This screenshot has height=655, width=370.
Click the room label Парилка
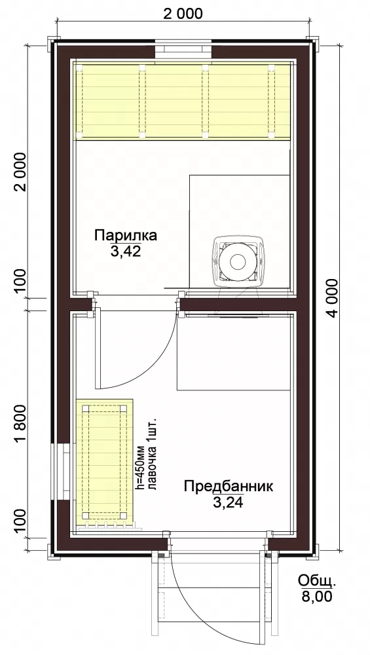(x=126, y=235)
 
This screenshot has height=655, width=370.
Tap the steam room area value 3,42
(x=126, y=251)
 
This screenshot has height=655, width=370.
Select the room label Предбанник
(x=229, y=487)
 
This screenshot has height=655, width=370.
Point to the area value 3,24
(x=228, y=502)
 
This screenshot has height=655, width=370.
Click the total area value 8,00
(x=317, y=596)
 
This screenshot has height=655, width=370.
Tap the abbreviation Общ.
(x=316, y=581)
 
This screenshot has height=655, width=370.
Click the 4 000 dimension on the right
(x=333, y=298)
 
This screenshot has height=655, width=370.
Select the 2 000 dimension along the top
(x=183, y=13)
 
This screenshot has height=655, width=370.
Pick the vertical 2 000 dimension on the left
(x=20, y=172)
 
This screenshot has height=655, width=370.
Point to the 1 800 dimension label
(x=20, y=424)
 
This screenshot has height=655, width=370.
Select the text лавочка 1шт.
(x=152, y=453)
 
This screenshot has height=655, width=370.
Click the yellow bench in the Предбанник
(x=104, y=462)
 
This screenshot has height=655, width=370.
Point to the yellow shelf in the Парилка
(x=183, y=100)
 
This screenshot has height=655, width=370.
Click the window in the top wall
(x=183, y=49)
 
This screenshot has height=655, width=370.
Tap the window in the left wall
(x=60, y=471)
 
